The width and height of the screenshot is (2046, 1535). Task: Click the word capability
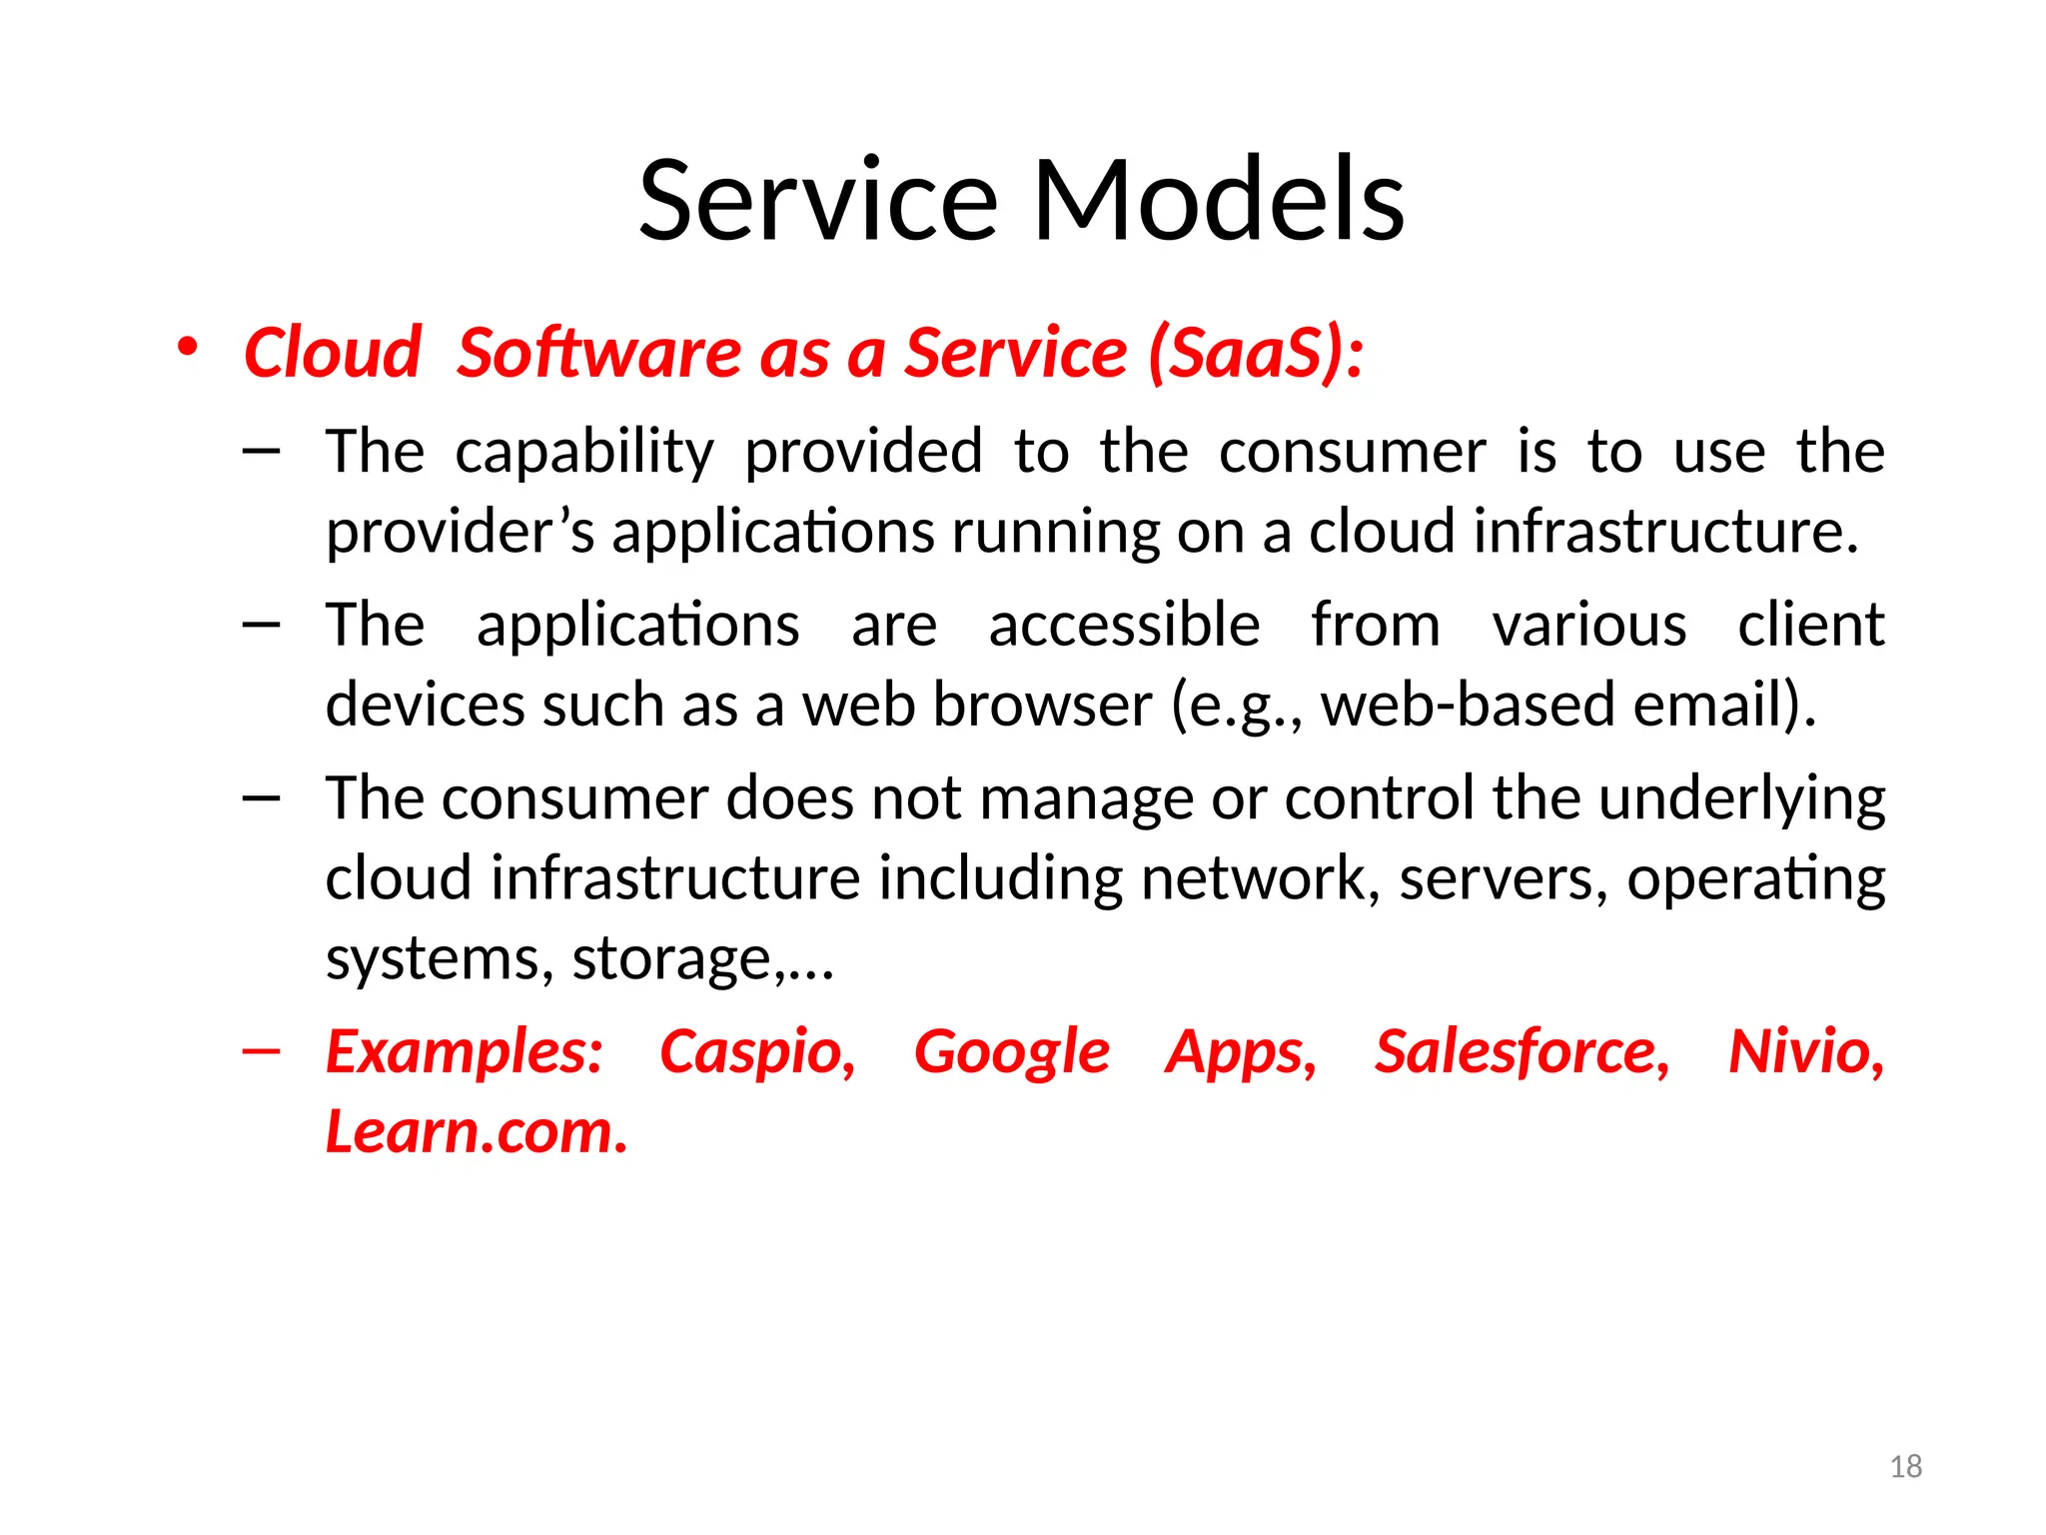pos(584,453)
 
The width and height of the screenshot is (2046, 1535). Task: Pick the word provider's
pos(461,532)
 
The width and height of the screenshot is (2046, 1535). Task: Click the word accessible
pos(1124,626)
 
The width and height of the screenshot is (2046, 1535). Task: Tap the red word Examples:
pos(465,1052)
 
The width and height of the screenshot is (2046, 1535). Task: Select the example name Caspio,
pos(757,1052)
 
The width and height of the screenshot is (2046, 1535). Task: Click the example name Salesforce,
pos(1522,1052)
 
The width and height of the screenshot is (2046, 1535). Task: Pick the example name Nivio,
pos(1805,1052)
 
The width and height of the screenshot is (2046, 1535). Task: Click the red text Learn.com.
pos(477,1132)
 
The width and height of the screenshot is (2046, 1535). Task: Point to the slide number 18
pos(1906,1467)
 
